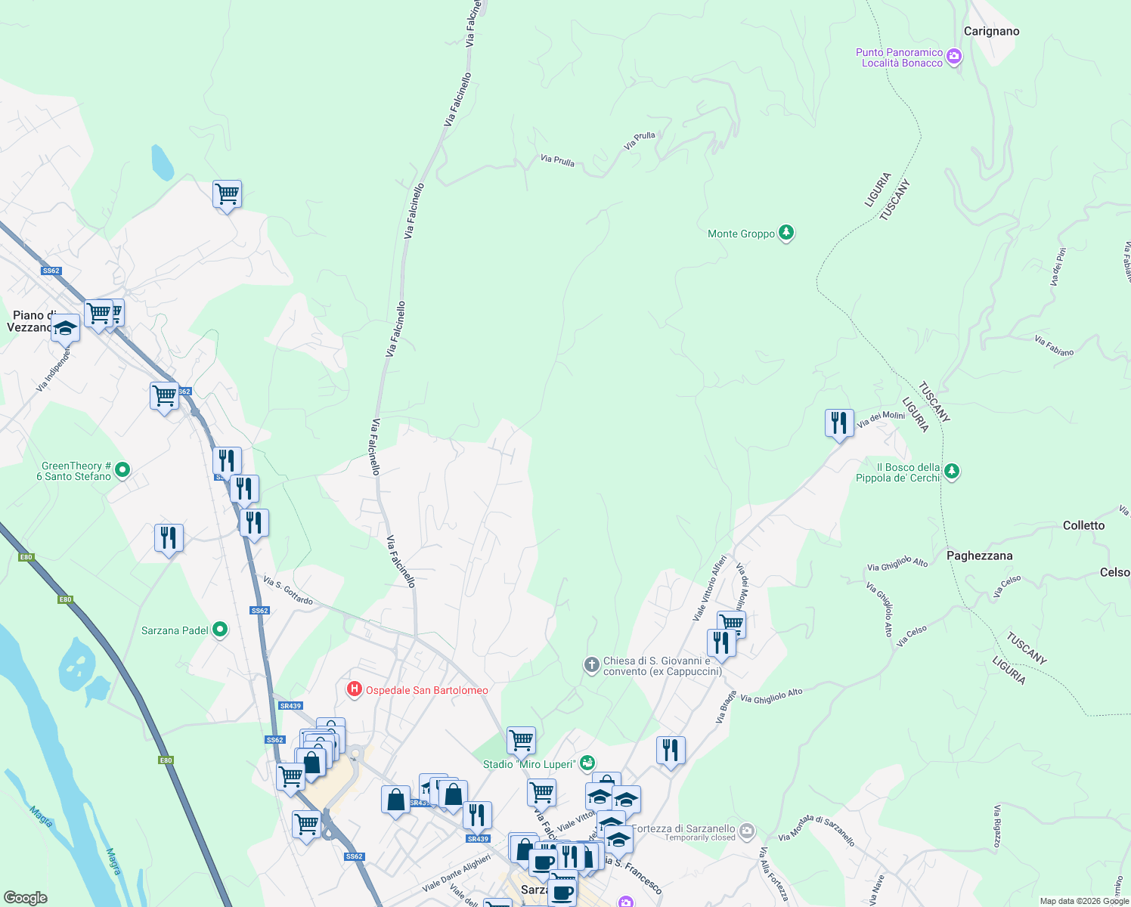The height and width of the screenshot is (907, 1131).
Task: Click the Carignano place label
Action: pos(991,31)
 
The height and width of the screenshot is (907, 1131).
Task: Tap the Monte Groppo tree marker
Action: pos(786,233)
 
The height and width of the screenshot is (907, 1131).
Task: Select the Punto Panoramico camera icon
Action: pos(954,57)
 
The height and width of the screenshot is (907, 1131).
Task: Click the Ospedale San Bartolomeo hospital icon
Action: pos(354,689)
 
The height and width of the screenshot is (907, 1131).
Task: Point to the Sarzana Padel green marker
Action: pos(220,629)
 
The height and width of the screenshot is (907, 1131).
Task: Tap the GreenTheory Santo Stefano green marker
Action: pos(122,470)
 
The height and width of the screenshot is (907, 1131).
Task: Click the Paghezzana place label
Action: pos(979,556)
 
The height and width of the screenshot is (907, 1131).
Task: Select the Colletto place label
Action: pos(1083,525)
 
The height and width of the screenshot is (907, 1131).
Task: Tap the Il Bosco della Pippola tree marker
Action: pos(952,472)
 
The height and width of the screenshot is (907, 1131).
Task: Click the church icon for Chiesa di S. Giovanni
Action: pos(591,664)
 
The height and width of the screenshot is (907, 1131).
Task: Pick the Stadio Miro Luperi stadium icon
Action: pos(587,763)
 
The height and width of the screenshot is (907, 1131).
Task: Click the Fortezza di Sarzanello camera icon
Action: pos(747,831)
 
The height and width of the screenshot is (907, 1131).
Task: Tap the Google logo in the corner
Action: pos(25,898)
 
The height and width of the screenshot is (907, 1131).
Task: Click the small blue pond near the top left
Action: pos(162,163)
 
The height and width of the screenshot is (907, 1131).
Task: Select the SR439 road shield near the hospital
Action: pos(290,706)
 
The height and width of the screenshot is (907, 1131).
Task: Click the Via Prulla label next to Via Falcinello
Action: pos(557,160)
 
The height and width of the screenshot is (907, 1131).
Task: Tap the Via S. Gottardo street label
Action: pos(288,590)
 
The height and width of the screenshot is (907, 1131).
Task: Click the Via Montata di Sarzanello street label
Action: pos(816,830)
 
